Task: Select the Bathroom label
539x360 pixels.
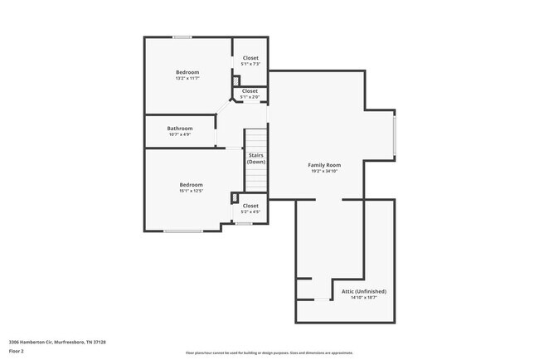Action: [180, 128]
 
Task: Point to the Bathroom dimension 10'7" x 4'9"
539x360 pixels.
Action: [180, 134]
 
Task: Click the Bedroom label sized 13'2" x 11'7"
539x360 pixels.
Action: [187, 72]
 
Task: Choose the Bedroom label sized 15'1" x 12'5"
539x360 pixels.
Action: [191, 184]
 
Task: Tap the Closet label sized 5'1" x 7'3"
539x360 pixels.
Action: [250, 57]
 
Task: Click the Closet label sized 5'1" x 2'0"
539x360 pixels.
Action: [250, 90]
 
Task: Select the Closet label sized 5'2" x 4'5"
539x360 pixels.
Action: [250, 205]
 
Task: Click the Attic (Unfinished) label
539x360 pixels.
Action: [364, 291]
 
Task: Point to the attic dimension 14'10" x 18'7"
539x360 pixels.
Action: [364, 298]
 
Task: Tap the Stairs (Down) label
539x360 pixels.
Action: [255, 158]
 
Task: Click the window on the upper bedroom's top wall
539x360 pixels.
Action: [182, 36]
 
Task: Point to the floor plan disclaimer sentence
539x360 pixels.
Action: [269, 353]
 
